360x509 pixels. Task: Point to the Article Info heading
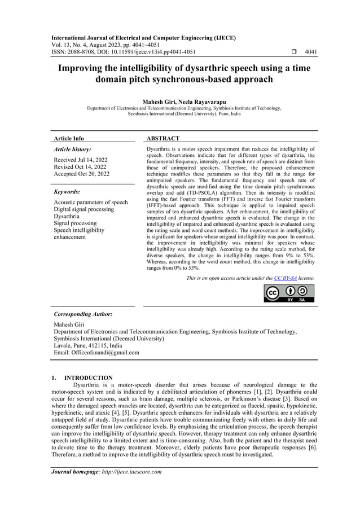point(68,138)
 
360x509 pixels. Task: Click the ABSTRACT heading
point(163,138)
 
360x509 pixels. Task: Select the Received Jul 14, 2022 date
point(81,160)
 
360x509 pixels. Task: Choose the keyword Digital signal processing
point(84,209)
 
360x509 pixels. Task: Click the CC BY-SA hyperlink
point(285,278)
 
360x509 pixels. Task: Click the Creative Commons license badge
point(289,293)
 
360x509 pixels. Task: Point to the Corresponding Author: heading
point(83,314)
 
